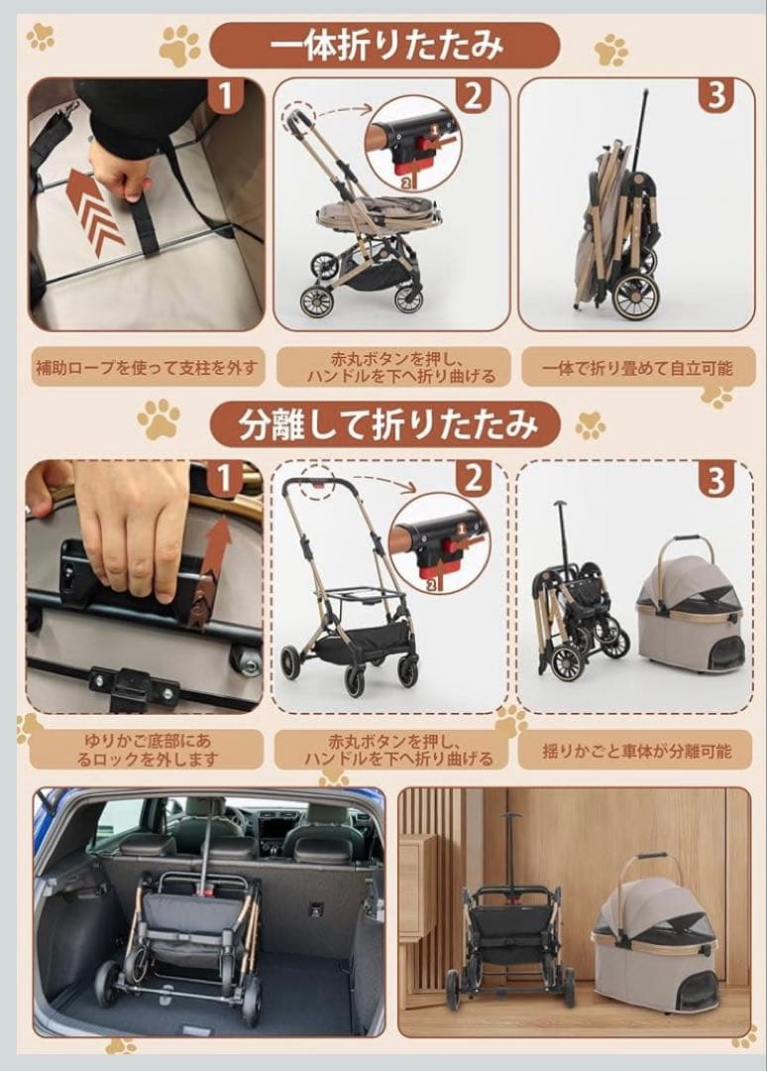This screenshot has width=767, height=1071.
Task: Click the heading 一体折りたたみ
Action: [x=385, y=45]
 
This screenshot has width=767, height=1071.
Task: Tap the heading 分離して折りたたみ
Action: [x=386, y=424]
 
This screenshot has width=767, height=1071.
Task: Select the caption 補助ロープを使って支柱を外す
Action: [x=147, y=368]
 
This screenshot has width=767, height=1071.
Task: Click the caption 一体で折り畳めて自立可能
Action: [x=637, y=368]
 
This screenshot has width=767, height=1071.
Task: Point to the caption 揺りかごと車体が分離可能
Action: [x=636, y=752]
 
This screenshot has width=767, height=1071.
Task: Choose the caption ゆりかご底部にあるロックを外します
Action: [x=147, y=750]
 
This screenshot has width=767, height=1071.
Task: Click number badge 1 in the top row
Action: [x=225, y=96]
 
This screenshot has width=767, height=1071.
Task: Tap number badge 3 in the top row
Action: [x=715, y=96]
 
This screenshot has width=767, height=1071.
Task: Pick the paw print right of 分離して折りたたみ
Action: [x=591, y=424]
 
